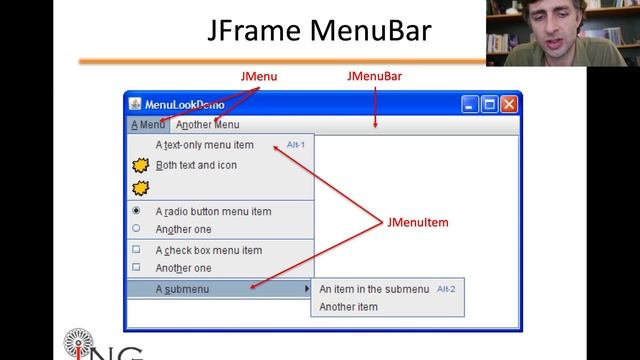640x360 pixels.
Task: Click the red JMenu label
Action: (x=260, y=76)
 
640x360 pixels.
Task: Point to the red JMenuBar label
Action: (x=374, y=76)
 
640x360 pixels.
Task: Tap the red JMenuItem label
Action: (x=417, y=223)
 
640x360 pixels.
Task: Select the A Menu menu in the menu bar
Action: (x=148, y=125)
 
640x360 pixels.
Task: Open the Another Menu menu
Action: (x=208, y=125)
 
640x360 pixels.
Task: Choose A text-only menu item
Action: (x=205, y=145)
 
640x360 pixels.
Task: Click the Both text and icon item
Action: (x=196, y=165)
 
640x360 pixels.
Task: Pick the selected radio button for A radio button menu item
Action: (x=136, y=211)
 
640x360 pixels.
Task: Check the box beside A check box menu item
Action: (x=136, y=250)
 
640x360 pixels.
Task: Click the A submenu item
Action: (x=182, y=289)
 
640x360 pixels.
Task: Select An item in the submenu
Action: (x=373, y=289)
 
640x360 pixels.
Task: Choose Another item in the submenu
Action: (x=348, y=307)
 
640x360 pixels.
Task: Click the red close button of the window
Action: (x=509, y=104)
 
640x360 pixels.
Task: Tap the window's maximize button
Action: (x=490, y=104)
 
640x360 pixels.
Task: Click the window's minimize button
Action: (x=471, y=104)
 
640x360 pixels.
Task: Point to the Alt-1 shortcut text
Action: (x=295, y=145)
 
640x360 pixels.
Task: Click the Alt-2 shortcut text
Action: (x=446, y=289)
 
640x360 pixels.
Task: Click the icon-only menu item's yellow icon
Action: (x=141, y=187)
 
